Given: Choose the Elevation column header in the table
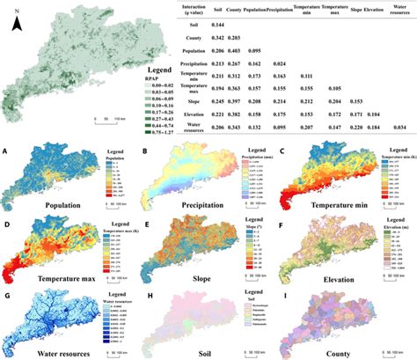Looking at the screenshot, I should click(x=376, y=11).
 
